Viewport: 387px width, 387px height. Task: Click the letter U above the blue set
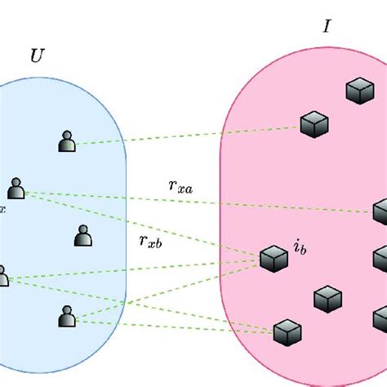click(37, 56)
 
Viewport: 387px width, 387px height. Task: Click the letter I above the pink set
click(327, 26)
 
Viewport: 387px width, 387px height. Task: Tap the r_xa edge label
click(180, 186)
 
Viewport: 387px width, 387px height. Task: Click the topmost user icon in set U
click(68, 141)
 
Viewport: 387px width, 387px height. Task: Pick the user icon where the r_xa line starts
click(16, 189)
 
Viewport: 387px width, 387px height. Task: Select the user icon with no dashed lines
click(82, 236)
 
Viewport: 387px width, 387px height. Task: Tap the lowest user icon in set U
click(68, 315)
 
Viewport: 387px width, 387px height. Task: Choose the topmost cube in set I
click(358, 90)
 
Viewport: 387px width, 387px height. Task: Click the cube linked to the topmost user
click(314, 125)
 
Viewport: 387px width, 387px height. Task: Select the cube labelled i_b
click(274, 259)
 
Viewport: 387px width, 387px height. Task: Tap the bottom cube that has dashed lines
click(287, 332)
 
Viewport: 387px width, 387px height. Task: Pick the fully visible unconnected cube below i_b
click(327, 298)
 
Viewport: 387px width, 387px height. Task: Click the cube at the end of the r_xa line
click(380, 211)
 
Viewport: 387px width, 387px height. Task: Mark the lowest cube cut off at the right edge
click(380, 318)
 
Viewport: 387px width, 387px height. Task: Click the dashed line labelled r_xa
click(204, 202)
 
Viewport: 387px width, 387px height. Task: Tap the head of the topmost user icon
click(68, 136)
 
